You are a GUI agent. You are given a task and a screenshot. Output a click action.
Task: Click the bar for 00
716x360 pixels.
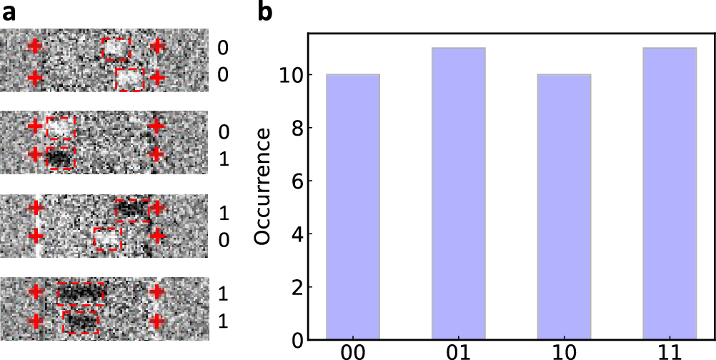click(352, 206)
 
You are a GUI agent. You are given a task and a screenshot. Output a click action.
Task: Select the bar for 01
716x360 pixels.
click(459, 193)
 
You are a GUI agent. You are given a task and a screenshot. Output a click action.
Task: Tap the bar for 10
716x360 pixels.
click(564, 206)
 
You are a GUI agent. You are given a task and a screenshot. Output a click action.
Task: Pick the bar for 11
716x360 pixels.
click(670, 193)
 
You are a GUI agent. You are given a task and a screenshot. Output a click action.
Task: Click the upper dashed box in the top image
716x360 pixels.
click(116, 49)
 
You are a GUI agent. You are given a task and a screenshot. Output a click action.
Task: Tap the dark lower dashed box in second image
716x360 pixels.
click(61, 158)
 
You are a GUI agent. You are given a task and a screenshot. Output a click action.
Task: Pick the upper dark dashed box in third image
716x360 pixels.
click(133, 210)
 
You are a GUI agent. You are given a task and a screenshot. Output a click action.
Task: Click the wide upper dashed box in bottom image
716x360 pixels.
click(81, 293)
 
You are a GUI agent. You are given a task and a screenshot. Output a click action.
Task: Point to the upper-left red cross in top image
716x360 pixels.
click(34, 47)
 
